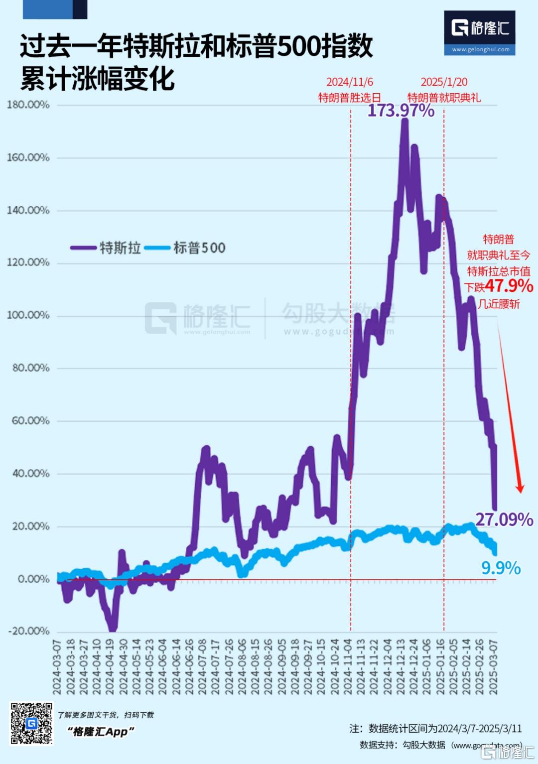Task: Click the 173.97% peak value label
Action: pyautogui.click(x=401, y=111)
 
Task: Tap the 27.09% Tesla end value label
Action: pyautogui.click(x=504, y=519)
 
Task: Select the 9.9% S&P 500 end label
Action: pyautogui.click(x=501, y=568)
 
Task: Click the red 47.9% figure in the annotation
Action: pyautogui.click(x=509, y=286)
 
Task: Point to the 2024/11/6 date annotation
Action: pyautogui.click(x=350, y=82)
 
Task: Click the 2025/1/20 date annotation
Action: pyautogui.click(x=444, y=82)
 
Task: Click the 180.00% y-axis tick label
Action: pyautogui.click(x=28, y=105)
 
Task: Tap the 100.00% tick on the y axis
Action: pyautogui.click(x=28, y=315)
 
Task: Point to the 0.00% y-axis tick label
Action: pyautogui.click(x=33, y=579)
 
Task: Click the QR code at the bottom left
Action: pyautogui.click(x=31, y=723)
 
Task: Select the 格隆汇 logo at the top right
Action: pyautogui.click(x=480, y=28)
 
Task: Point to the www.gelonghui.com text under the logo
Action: pyautogui.click(x=481, y=50)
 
